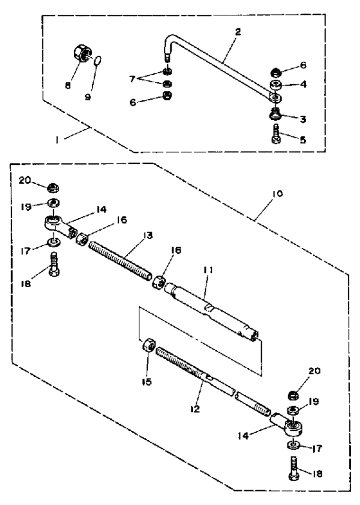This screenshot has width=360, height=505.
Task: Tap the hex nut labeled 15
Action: click(x=147, y=348)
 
